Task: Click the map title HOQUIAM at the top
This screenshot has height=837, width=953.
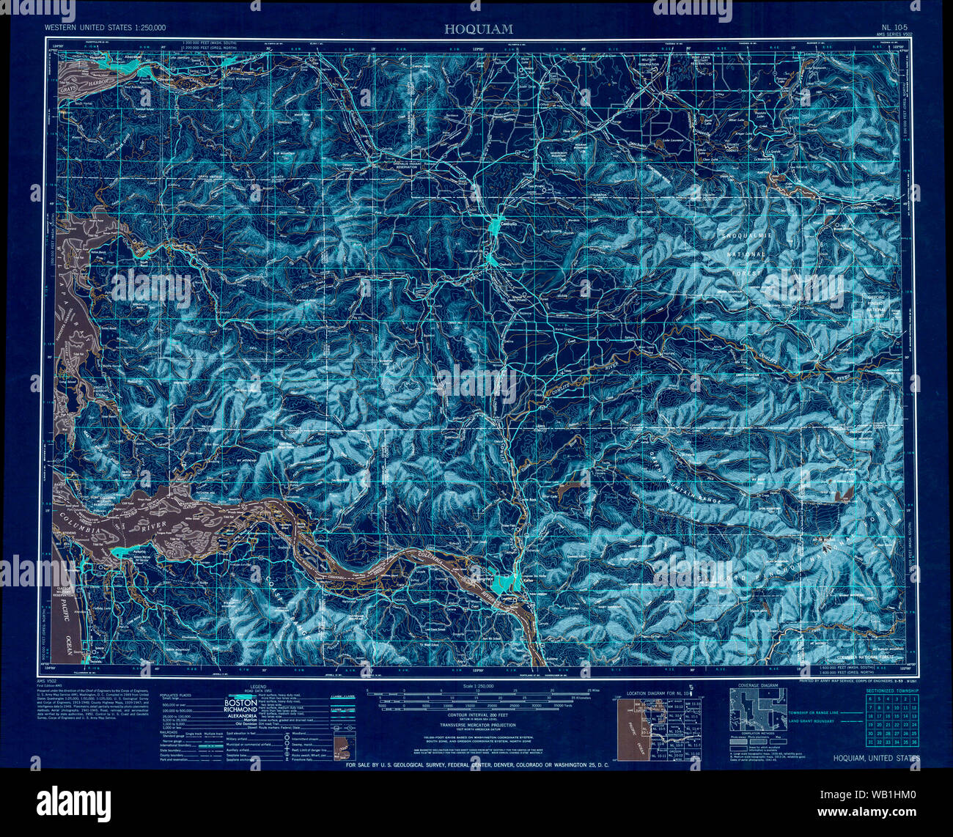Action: [477, 29]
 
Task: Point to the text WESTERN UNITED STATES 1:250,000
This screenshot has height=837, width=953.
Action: [105, 28]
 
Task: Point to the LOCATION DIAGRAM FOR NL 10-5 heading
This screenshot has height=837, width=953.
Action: [652, 691]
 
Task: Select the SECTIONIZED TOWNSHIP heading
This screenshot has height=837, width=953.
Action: [889, 690]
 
